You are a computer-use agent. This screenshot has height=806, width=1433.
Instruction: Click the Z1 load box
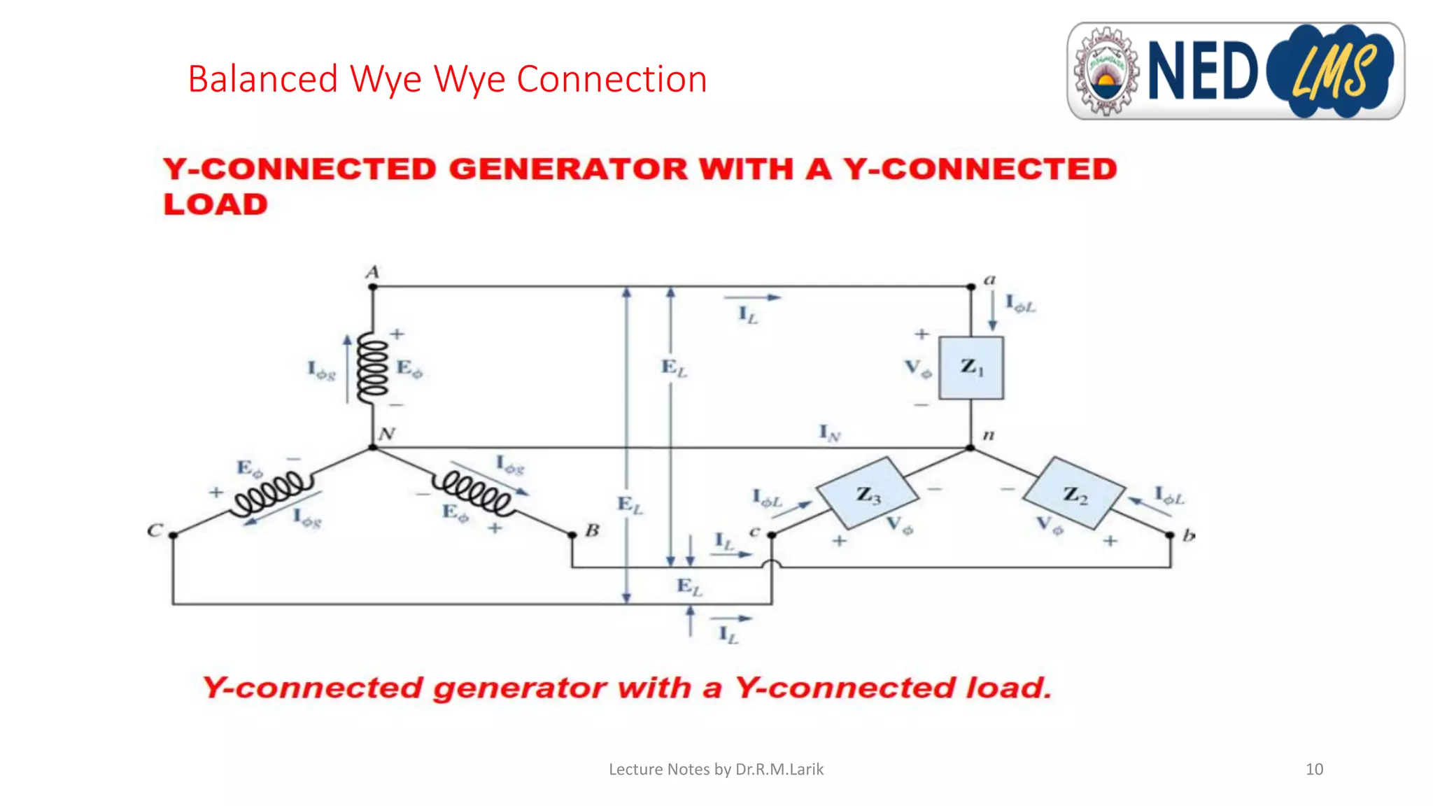(970, 367)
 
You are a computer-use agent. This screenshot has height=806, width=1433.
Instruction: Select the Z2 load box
(1074, 493)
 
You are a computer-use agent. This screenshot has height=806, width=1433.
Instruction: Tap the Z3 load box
(868, 493)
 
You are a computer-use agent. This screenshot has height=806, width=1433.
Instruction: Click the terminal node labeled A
(373, 287)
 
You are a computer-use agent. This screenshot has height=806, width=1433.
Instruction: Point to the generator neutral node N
(373, 447)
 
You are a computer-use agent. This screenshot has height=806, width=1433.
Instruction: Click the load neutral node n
(970, 447)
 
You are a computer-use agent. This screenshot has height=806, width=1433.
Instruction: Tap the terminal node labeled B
(572, 535)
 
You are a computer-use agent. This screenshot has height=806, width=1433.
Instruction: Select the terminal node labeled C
(174, 535)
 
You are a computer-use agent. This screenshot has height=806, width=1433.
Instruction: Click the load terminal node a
(970, 287)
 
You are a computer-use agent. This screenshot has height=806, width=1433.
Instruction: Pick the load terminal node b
(1170, 535)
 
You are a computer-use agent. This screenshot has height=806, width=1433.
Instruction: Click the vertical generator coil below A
(372, 368)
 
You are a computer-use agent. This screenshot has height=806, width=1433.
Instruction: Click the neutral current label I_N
(829, 433)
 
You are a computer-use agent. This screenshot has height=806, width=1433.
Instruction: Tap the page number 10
(1314, 769)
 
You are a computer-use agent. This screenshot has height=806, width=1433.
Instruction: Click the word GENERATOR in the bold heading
(568, 169)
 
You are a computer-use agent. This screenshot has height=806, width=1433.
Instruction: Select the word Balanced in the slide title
(263, 79)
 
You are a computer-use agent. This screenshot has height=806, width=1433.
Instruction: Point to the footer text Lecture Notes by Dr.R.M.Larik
(716, 769)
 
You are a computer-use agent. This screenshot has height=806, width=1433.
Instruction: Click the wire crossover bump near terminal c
(772, 564)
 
